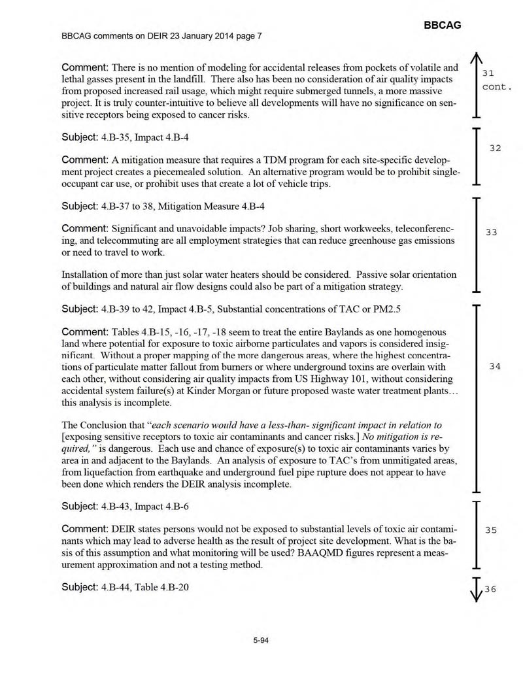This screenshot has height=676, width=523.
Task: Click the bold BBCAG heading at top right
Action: pyautogui.click(x=443, y=25)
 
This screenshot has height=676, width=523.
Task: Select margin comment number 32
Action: pyautogui.click(x=495, y=149)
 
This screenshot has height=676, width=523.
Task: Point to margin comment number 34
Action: pyautogui.click(x=495, y=367)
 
